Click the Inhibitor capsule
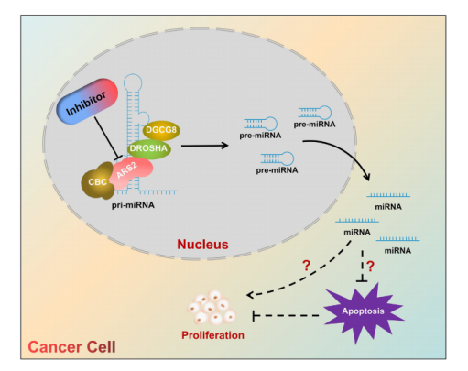[87, 102]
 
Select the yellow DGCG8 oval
[161, 130]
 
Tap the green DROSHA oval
[148, 148]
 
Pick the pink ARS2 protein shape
[130, 173]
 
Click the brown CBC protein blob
[97, 180]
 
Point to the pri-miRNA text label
[133, 205]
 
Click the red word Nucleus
[202, 245]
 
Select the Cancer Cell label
[71, 347]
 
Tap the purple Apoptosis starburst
[364, 312]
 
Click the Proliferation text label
[212, 335]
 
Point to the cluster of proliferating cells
[212, 308]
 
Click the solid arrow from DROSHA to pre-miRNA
[204, 146]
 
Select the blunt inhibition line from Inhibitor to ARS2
[107, 138]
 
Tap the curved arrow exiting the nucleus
[343, 150]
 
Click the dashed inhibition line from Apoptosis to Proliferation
[286, 315]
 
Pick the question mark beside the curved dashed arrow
[306, 266]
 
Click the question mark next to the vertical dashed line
[370, 267]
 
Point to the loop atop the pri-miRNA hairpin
[133, 82]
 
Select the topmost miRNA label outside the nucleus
[388, 207]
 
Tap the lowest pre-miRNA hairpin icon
[278, 158]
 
